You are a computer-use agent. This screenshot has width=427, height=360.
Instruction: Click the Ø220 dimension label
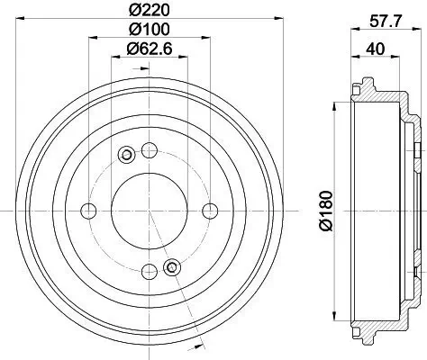coord(150,10)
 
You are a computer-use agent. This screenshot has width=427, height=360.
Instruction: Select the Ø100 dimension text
coord(150,29)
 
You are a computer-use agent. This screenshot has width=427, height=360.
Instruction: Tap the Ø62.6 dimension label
coord(150,49)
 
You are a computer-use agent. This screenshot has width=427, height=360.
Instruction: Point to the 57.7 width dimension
coord(386,22)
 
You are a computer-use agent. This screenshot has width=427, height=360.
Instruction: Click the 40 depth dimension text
coord(376,49)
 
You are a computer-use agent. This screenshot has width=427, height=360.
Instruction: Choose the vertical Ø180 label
coord(326,211)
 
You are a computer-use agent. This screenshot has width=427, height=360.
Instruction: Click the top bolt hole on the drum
coord(150,150)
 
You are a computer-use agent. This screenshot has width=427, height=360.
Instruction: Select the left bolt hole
coord(88,211)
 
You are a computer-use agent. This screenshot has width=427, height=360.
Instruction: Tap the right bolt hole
coord(210,211)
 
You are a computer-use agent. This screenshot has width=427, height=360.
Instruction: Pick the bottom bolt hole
coord(150,272)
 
